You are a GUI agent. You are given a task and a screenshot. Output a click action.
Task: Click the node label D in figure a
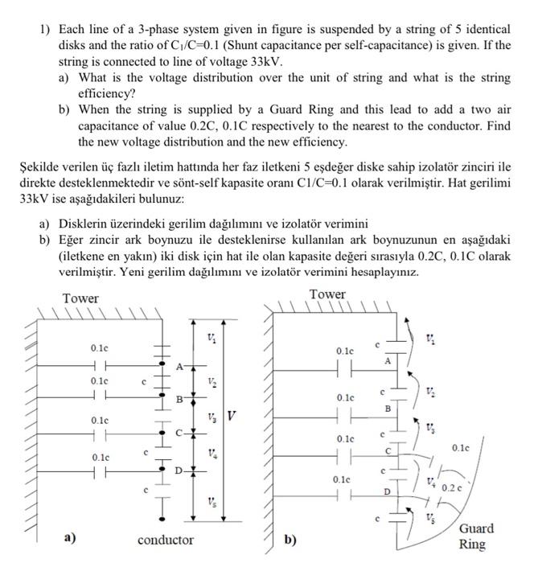pos(178,469)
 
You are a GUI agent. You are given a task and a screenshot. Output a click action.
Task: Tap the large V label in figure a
pos(232,417)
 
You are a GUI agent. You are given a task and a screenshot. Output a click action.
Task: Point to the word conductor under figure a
pos(165,539)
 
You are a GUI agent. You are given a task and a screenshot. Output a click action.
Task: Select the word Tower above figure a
pos(81,298)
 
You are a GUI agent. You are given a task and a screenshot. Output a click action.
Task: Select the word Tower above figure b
pos(327,294)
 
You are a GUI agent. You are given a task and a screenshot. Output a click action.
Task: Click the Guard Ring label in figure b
pos(476,536)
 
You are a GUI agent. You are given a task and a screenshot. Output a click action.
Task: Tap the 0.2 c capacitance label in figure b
pos(451,487)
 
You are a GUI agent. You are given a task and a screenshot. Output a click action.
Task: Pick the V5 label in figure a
pos(212,502)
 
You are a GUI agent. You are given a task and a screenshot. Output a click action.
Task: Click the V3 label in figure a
pos(212,417)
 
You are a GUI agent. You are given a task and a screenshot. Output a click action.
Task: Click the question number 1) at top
pos(47,29)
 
